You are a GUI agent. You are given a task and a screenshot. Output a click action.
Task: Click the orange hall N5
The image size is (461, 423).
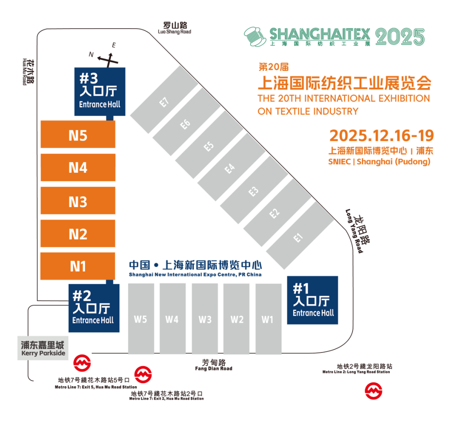(78, 135)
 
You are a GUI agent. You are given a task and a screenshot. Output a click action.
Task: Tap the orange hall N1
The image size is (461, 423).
(78, 266)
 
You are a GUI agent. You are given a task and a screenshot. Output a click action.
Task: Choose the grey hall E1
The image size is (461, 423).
(299, 235)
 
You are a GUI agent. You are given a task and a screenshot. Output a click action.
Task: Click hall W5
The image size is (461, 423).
(140, 318)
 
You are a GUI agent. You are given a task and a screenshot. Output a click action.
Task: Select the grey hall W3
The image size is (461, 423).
(205, 319)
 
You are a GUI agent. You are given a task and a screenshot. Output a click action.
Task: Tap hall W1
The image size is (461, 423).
(268, 319)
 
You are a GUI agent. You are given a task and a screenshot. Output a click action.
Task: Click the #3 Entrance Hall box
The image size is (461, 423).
(100, 91)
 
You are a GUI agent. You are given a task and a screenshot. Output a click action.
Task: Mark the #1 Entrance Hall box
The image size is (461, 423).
(312, 300)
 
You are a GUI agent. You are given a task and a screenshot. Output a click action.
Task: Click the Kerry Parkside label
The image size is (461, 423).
(43, 348)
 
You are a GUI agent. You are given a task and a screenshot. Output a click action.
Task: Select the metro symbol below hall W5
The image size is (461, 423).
(143, 374)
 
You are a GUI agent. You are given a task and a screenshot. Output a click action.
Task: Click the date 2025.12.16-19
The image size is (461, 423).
(382, 136)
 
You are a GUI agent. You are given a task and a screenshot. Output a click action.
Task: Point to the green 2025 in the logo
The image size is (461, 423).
(400, 37)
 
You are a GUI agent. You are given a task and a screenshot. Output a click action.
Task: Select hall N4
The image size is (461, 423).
(78, 167)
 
